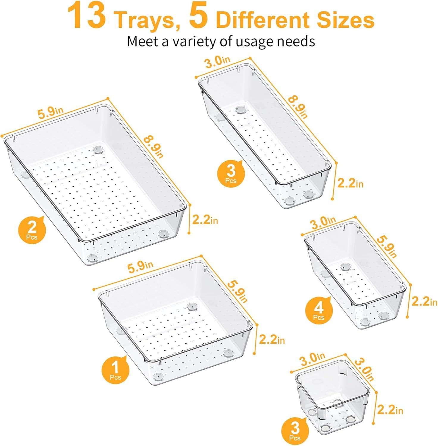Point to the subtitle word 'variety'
tap(195, 41)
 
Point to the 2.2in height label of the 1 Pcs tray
tap(272, 339)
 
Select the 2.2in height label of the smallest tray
tap(390, 410)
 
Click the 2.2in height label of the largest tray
tap(205, 220)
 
